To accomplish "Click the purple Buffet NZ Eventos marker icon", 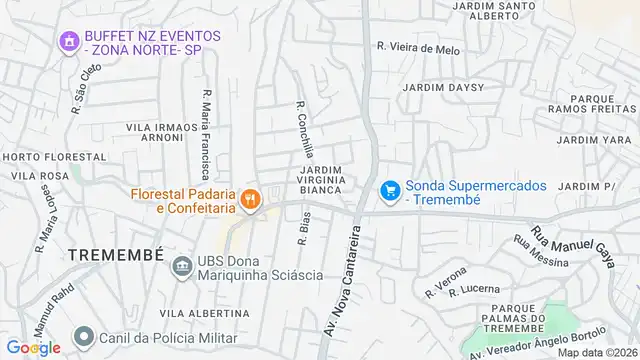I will click(69, 41).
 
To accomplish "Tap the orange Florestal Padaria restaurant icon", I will click(250, 199).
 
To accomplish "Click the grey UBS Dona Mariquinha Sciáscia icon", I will click(182, 266).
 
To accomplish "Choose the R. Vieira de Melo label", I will click(419, 47).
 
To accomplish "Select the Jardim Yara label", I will click(592, 140).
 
